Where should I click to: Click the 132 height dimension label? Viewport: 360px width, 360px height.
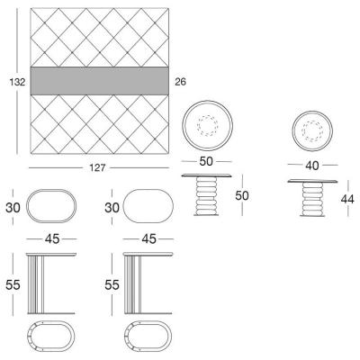tap(17, 82)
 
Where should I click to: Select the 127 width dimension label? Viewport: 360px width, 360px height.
tap(97, 167)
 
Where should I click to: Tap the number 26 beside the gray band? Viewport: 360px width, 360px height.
tap(180, 82)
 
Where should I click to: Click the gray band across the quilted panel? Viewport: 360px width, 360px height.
tap(99, 81)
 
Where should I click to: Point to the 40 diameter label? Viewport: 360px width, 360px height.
tap(312, 166)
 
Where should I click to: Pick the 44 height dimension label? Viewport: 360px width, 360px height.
tap(347, 199)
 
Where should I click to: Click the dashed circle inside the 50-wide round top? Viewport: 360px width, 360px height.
tap(207, 125)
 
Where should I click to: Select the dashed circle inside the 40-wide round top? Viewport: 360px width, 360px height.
tap(312, 131)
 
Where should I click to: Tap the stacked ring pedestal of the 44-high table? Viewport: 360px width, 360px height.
tap(312, 198)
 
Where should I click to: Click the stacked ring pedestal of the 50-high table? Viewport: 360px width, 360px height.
tap(206, 195)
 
